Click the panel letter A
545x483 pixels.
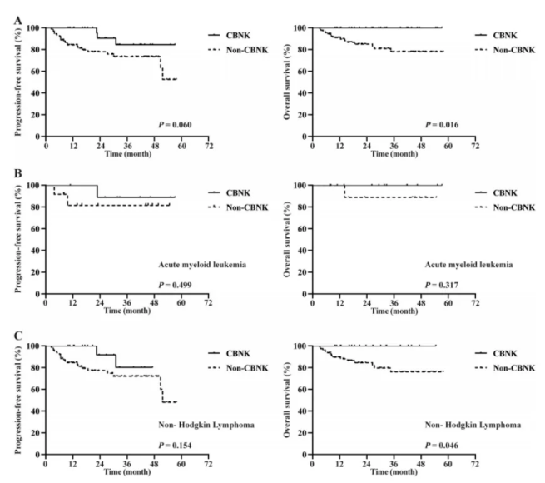18,21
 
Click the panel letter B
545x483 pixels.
18,173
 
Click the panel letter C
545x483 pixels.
18,336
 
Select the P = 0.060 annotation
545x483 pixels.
176,125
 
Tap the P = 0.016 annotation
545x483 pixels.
442,125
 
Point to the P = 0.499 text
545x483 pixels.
176,285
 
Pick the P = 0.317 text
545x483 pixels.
442,285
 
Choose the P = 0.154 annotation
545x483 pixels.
176,446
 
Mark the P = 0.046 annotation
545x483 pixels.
442,446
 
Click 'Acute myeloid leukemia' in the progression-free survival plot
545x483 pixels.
202,265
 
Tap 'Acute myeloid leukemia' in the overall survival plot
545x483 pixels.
469,265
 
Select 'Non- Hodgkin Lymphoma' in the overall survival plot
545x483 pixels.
473,426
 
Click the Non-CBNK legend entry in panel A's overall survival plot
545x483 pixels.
505,50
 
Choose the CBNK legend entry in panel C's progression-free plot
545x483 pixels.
230,354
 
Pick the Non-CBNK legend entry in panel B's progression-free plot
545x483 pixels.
239,207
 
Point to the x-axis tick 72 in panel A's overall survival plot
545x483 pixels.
475,146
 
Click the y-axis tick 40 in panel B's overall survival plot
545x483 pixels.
303,251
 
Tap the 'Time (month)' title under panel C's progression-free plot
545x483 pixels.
127,472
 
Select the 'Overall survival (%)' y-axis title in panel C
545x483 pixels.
287,400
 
